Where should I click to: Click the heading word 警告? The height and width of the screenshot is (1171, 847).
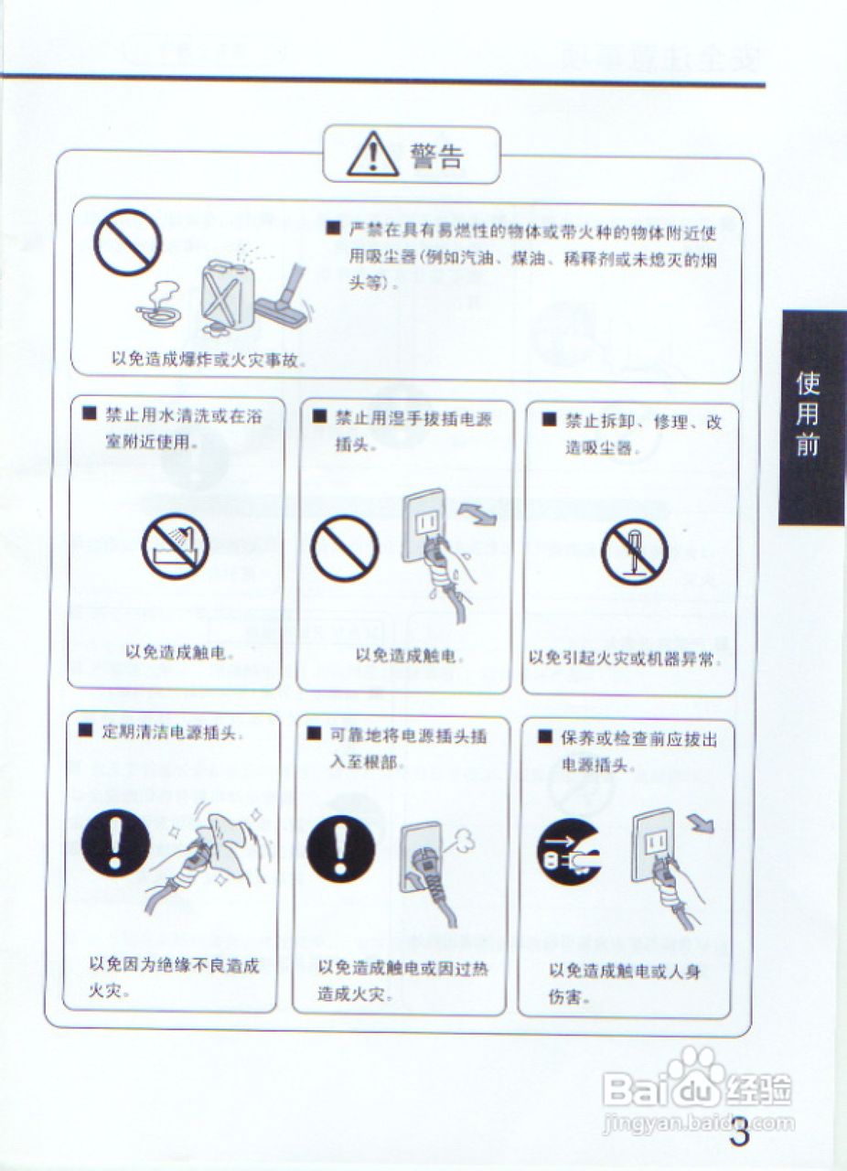click(x=436, y=156)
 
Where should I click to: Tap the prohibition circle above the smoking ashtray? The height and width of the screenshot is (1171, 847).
click(x=127, y=242)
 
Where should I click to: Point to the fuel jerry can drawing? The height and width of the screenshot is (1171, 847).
click(x=228, y=295)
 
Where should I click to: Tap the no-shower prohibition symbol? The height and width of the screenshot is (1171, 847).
click(x=175, y=546)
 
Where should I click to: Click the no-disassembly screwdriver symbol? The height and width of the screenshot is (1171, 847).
click(x=635, y=552)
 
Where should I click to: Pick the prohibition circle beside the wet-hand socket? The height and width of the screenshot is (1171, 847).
click(x=345, y=548)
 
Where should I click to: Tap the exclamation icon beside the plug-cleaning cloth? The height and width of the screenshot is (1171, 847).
click(x=116, y=843)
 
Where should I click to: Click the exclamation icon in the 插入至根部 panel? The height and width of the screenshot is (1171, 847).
click(x=341, y=850)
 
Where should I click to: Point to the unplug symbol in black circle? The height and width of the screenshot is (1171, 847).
click(x=569, y=852)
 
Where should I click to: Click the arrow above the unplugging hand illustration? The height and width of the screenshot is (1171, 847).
click(x=702, y=822)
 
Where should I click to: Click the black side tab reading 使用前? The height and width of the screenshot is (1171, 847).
click(x=812, y=417)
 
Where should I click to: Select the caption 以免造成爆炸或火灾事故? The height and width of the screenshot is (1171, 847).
click(x=209, y=360)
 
